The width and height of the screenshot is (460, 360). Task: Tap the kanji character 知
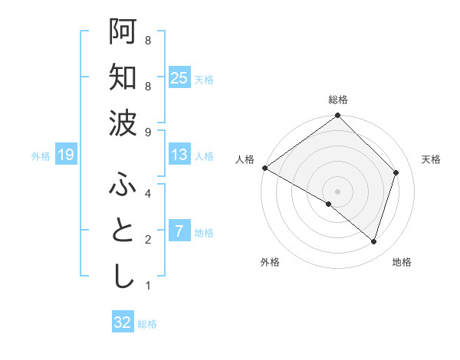pyautogui.click(x=122, y=77)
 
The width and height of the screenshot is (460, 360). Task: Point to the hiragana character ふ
pyautogui.click(x=122, y=186)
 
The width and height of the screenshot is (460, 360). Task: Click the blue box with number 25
pyautogui.click(x=179, y=78)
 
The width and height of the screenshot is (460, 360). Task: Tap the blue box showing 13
pyautogui.click(x=179, y=155)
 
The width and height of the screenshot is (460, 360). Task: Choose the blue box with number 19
pyautogui.click(x=66, y=155)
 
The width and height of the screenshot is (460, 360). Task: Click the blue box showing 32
pyautogui.click(x=123, y=322)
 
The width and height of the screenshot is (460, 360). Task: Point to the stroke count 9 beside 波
pyautogui.click(x=147, y=133)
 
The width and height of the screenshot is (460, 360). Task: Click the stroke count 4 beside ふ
pyautogui.click(x=147, y=194)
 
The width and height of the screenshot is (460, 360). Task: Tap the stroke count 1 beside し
pyautogui.click(x=147, y=286)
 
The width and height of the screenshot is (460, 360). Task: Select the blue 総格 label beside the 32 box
pyautogui.click(x=147, y=324)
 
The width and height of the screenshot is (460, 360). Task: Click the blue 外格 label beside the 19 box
pyautogui.click(x=41, y=156)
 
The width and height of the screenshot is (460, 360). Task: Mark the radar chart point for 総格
pyautogui.click(x=337, y=116)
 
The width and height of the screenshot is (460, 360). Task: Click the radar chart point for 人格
pyautogui.click(x=264, y=168)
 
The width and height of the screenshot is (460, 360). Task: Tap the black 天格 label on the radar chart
pyautogui.click(x=431, y=159)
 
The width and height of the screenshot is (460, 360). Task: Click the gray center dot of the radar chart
pyautogui.click(x=337, y=191)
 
